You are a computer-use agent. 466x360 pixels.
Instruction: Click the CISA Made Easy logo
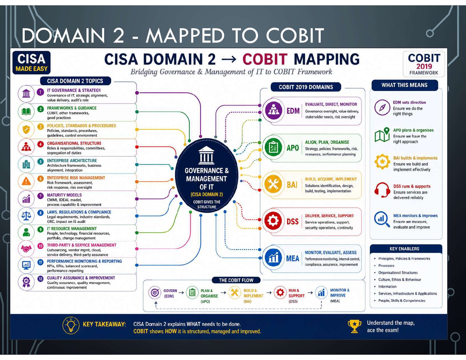[31, 63]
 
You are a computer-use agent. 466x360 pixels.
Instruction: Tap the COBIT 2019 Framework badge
[424, 64]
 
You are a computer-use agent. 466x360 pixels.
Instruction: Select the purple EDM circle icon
[273, 110]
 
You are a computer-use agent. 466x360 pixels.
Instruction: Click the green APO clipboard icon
[273, 147]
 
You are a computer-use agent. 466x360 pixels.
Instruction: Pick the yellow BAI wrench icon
[273, 184]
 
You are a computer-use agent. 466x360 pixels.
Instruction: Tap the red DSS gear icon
[273, 221]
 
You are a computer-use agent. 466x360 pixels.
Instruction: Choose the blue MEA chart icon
[273, 258]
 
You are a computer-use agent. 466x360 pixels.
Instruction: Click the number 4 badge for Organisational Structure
[40, 144]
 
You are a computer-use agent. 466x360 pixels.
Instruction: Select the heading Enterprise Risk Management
[76, 178]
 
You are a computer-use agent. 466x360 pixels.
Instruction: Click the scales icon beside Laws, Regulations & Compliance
[26, 216]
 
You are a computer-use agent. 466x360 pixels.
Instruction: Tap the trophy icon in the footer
[354, 326]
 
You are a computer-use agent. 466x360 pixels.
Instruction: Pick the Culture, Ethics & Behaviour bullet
[399, 280]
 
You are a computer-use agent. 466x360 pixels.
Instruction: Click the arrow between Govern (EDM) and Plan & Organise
[182, 293]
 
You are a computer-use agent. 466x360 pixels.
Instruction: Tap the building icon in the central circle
[206, 155]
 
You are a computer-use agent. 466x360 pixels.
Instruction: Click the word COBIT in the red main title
[265, 59]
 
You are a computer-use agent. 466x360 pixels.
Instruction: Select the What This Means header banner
[405, 85]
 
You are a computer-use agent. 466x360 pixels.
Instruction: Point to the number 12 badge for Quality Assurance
[40, 279]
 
